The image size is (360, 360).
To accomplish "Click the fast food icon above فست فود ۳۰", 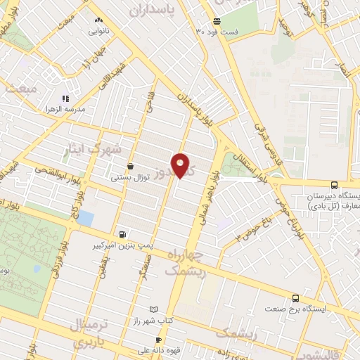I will pyautogui.click(x=217, y=21).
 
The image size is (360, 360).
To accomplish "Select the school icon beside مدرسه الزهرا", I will pyautogui.click(x=65, y=99).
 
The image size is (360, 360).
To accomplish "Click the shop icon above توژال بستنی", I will pyautogui.click(x=131, y=167).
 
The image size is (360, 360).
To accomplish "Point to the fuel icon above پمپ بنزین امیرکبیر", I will pyautogui.click(x=123, y=234).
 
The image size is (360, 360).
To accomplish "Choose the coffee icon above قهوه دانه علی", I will pyautogui.click(x=158, y=340).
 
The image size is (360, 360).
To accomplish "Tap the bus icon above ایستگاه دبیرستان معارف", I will pyautogui.click(x=334, y=185).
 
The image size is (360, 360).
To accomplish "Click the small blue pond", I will pyautogui.click(x=85, y=218).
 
